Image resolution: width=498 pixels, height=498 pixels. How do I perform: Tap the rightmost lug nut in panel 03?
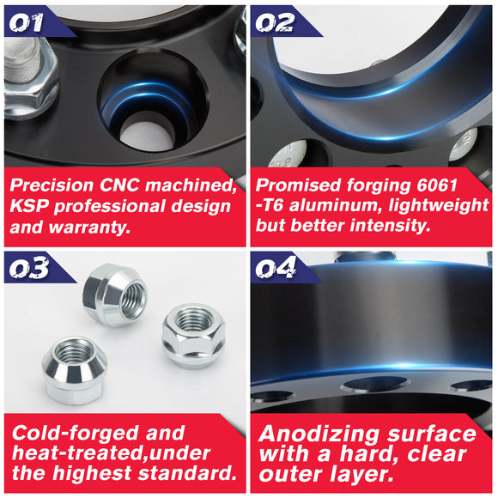193,335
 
